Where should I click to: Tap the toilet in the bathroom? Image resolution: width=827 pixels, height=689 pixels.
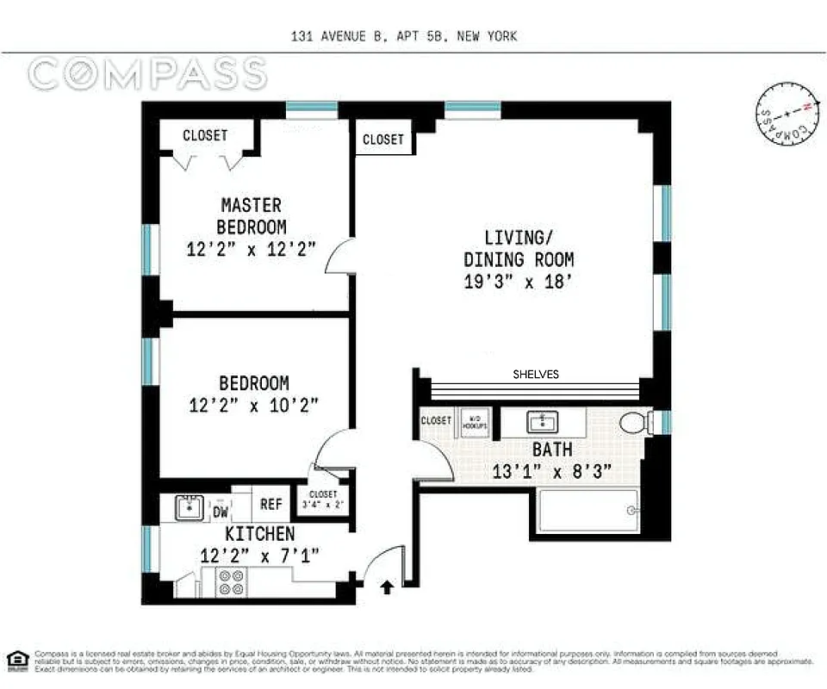coord(635,423)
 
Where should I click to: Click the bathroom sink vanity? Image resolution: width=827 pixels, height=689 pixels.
coord(543,422)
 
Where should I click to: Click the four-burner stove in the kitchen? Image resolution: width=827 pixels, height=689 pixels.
coord(231,582)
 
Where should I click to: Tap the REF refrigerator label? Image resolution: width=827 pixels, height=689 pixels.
coord(271,506)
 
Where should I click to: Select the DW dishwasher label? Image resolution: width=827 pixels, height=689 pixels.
coord(221,512)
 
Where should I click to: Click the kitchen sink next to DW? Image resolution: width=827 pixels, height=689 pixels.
coord(187,508)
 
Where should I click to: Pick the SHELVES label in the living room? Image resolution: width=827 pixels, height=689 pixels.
coord(536,374)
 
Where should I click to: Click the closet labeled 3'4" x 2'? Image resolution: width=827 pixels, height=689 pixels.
coord(323,500)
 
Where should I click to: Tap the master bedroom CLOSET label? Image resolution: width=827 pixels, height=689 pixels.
coord(205,135)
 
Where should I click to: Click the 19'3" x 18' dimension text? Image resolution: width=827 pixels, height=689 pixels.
coord(519,281)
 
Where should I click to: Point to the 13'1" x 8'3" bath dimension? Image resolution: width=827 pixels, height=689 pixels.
coord(540,471)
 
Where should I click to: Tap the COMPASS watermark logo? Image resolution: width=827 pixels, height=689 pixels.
coord(146,74)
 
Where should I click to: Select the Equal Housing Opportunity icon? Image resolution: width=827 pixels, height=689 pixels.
coord(16,660)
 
